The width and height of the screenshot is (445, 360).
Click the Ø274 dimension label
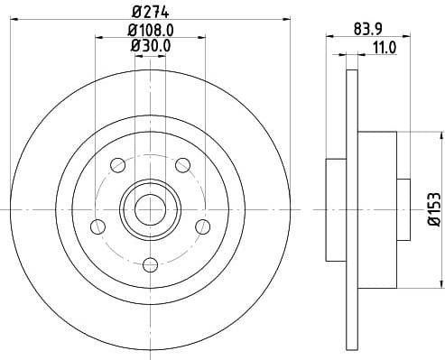click(149, 12)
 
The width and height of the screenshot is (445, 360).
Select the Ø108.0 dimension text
click(149, 30)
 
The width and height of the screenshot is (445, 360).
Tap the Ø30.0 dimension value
click(149, 47)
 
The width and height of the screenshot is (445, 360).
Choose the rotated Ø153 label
click(432, 209)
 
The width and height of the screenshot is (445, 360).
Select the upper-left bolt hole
click(116, 164)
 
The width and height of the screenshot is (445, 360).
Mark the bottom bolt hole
click(149, 263)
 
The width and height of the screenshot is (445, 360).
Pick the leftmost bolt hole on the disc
click(96, 226)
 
